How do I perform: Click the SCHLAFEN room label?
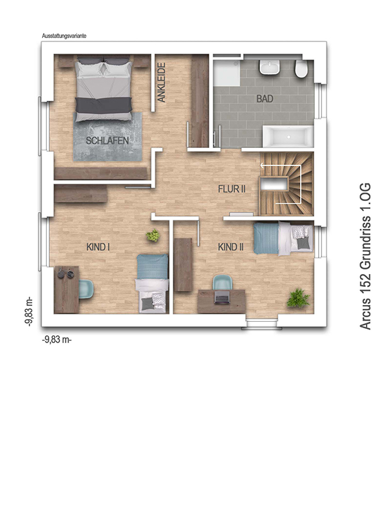click(x=107, y=141)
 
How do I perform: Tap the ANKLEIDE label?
click(x=161, y=83)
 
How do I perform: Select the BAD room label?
click(x=265, y=99)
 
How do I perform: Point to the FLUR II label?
click(x=232, y=189)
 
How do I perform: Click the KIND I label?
click(x=98, y=247)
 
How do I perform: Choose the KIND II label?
click(x=231, y=247)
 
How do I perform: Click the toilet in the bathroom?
click(x=301, y=69)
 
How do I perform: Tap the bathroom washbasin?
click(x=270, y=67)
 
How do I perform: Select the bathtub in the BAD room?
click(x=288, y=136)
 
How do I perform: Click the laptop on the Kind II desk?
click(x=222, y=297)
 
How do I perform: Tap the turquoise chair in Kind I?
click(x=86, y=289)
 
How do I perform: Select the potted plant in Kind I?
click(x=153, y=235)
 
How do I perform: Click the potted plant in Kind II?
click(x=298, y=298)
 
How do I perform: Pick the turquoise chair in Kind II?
click(x=222, y=282)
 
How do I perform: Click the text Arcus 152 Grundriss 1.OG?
click(x=365, y=256)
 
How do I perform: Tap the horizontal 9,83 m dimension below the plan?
click(x=57, y=340)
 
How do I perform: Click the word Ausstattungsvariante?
click(x=64, y=36)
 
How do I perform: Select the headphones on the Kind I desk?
click(x=65, y=273)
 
